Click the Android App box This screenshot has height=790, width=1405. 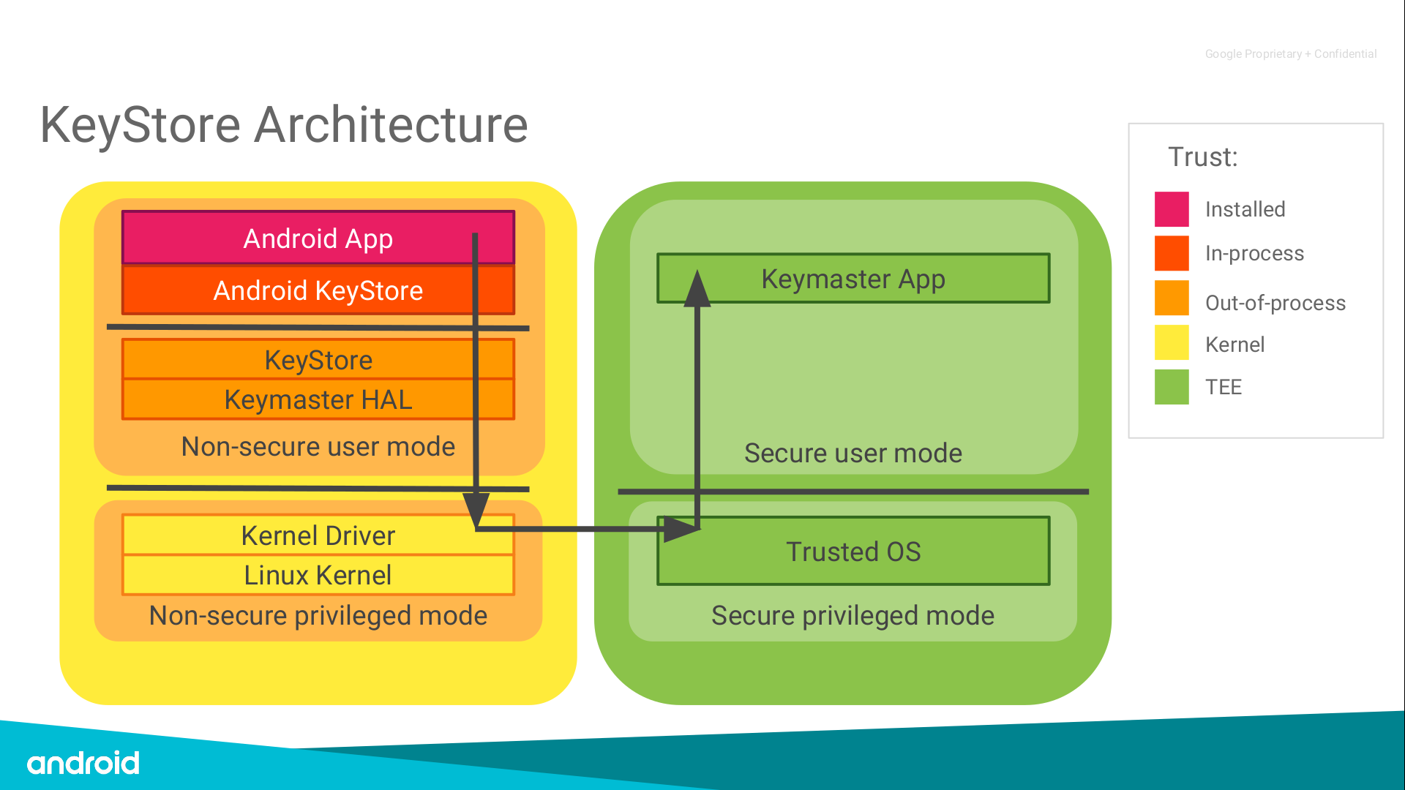(x=318, y=238)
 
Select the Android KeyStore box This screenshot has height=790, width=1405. (x=318, y=290)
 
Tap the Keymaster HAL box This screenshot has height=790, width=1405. (x=318, y=399)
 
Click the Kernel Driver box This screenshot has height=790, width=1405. (x=318, y=535)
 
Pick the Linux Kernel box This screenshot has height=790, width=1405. (x=318, y=575)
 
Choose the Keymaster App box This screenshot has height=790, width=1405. (x=853, y=279)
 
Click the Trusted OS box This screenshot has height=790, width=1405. (x=853, y=552)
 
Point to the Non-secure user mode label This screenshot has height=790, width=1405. (x=318, y=446)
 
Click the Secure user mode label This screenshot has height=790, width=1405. (x=853, y=453)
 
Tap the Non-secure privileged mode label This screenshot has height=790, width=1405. (x=318, y=615)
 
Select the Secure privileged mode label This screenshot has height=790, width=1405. (x=853, y=615)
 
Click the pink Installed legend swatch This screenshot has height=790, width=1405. (x=1172, y=209)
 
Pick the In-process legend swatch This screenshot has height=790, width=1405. (x=1172, y=253)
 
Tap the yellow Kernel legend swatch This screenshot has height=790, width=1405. (x=1172, y=343)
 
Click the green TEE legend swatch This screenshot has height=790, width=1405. (x=1172, y=387)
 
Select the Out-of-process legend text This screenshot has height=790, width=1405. (x=1275, y=303)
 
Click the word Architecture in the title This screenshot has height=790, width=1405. (x=391, y=125)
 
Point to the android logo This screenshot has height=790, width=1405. (x=83, y=763)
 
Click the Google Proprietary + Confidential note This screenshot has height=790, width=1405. (x=1291, y=54)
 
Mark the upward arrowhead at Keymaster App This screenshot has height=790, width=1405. (x=697, y=289)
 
